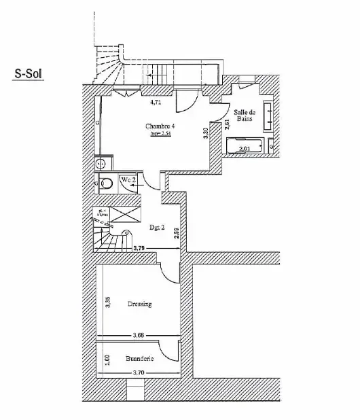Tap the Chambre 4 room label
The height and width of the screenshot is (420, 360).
click(160, 126)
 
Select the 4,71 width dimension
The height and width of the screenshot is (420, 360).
click(155, 103)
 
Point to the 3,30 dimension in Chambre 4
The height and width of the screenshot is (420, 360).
click(206, 134)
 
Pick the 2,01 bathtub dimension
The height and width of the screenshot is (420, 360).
click(246, 148)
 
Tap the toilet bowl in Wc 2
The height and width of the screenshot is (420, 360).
click(106, 182)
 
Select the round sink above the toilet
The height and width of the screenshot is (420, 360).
click(101, 163)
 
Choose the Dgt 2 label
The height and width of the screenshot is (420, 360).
click(157, 228)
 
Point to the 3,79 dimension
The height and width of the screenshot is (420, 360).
click(139, 249)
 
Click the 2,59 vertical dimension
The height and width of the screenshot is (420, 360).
click(175, 232)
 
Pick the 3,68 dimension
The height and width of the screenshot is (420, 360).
click(138, 334)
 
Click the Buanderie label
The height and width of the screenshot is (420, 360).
click(140, 357)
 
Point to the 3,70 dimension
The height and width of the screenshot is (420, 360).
click(139, 372)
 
